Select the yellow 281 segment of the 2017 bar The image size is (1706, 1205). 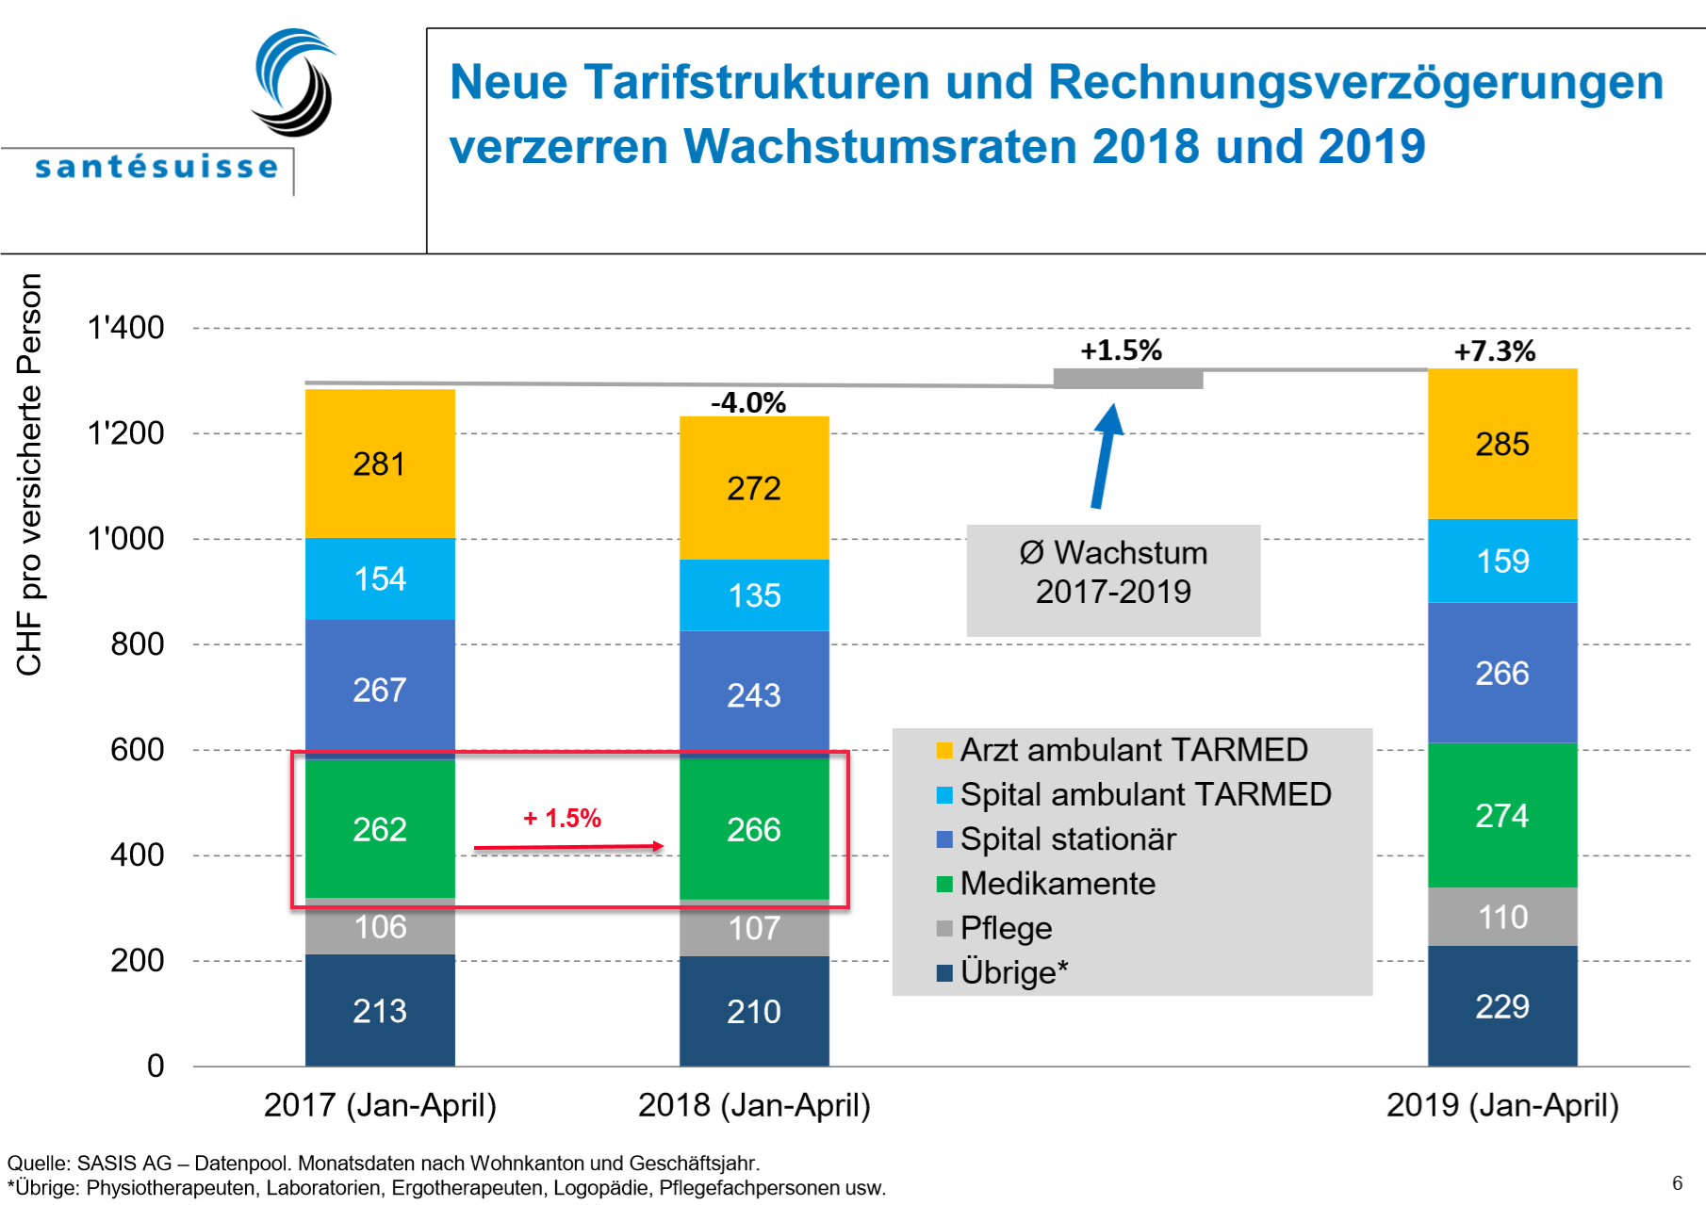(x=380, y=464)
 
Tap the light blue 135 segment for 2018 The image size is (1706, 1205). (x=754, y=594)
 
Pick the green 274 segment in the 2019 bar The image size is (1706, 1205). (x=1502, y=815)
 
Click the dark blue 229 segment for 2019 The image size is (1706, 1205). (x=1502, y=1006)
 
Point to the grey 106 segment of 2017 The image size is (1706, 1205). (x=380, y=927)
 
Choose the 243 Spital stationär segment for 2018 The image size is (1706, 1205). (x=754, y=694)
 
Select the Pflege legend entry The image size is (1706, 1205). (x=1005, y=928)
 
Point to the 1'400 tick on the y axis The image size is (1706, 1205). (x=125, y=328)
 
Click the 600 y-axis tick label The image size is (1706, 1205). (x=138, y=750)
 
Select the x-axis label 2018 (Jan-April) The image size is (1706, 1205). (x=754, y=1104)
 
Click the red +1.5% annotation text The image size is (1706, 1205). (x=563, y=818)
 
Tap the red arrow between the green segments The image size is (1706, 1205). (x=568, y=847)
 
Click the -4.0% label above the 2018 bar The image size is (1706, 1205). (x=748, y=402)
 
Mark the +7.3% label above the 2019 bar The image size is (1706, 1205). (x=1495, y=351)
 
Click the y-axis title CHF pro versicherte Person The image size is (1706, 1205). (x=30, y=475)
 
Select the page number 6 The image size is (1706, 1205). (x=1677, y=1183)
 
